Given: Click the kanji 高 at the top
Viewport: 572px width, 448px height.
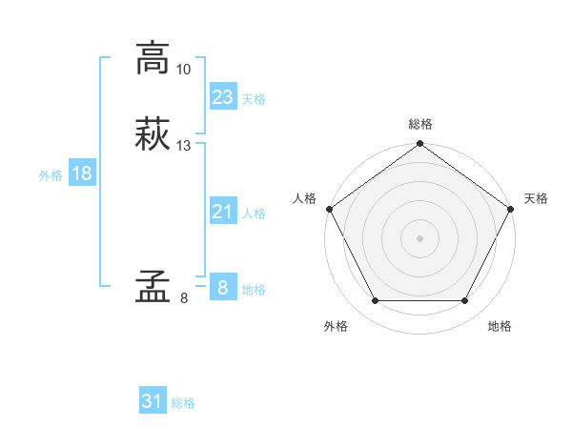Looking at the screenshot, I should (x=152, y=58).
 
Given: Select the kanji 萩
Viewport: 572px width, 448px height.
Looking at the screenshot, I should (x=152, y=132).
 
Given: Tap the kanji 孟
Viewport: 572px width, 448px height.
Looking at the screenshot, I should (x=152, y=285).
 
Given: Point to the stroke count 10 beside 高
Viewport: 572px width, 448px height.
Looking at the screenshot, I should (x=184, y=70).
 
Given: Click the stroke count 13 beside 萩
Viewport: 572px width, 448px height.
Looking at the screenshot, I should (x=184, y=145).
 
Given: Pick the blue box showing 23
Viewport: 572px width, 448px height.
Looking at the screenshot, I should (x=222, y=96).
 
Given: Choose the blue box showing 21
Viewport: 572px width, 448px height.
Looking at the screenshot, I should (x=222, y=212).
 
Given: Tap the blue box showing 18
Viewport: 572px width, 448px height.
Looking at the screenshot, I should (x=82, y=173).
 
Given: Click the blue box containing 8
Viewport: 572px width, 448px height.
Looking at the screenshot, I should (x=222, y=288).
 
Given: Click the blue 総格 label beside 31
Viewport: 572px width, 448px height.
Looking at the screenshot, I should (x=183, y=403).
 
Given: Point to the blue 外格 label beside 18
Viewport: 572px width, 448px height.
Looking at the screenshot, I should (x=51, y=174).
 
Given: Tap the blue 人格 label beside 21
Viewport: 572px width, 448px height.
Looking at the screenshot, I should (x=254, y=214).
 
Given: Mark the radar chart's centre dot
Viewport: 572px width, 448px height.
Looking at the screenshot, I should (x=419, y=237).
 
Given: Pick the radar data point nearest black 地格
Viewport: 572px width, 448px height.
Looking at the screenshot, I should (x=465, y=301).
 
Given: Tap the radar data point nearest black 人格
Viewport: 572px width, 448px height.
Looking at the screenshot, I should (x=329, y=209).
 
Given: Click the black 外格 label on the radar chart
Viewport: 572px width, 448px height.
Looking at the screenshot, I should (x=336, y=326).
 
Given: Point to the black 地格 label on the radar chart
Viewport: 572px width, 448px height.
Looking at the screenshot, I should (x=500, y=326).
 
